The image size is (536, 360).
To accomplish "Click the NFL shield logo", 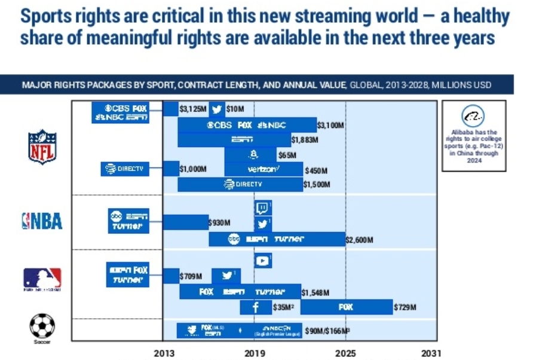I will click(x=42, y=146).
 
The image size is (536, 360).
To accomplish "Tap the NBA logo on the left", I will click(x=42, y=221).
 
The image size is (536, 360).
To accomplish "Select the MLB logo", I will click(x=42, y=278).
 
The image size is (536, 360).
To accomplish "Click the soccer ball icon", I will click(x=42, y=326).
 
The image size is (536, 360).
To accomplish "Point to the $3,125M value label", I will click(x=194, y=109).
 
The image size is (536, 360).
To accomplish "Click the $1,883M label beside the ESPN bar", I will click(x=304, y=140).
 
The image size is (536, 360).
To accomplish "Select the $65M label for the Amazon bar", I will click(x=287, y=155).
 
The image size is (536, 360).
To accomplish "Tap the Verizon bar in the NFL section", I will click(x=264, y=170).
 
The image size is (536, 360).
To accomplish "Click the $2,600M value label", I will click(x=359, y=240).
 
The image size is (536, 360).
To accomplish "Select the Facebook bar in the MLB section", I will click(x=255, y=307).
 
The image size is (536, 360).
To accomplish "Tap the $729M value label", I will click(x=405, y=307).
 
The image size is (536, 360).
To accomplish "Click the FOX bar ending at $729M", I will click(x=346, y=307).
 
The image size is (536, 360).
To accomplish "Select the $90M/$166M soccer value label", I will click(x=327, y=331).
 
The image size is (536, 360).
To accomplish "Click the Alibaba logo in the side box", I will click(x=473, y=116).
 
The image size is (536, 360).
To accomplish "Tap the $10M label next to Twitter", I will click(x=235, y=109).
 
